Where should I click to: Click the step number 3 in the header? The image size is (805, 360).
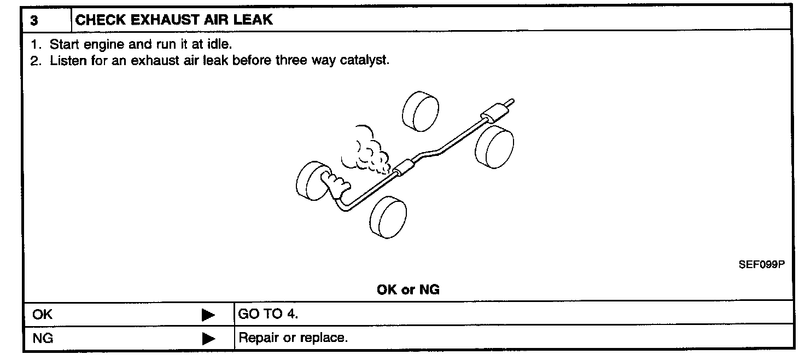34,21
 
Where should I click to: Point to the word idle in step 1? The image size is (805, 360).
221,44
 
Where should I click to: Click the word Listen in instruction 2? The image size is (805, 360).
67,60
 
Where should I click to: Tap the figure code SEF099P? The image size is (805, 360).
761,265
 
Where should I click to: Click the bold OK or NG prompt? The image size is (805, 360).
408,290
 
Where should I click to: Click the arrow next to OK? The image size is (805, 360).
208,315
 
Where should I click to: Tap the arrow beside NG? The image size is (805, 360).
208,339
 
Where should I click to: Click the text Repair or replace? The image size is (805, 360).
293,338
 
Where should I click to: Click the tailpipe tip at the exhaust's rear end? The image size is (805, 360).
510,102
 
